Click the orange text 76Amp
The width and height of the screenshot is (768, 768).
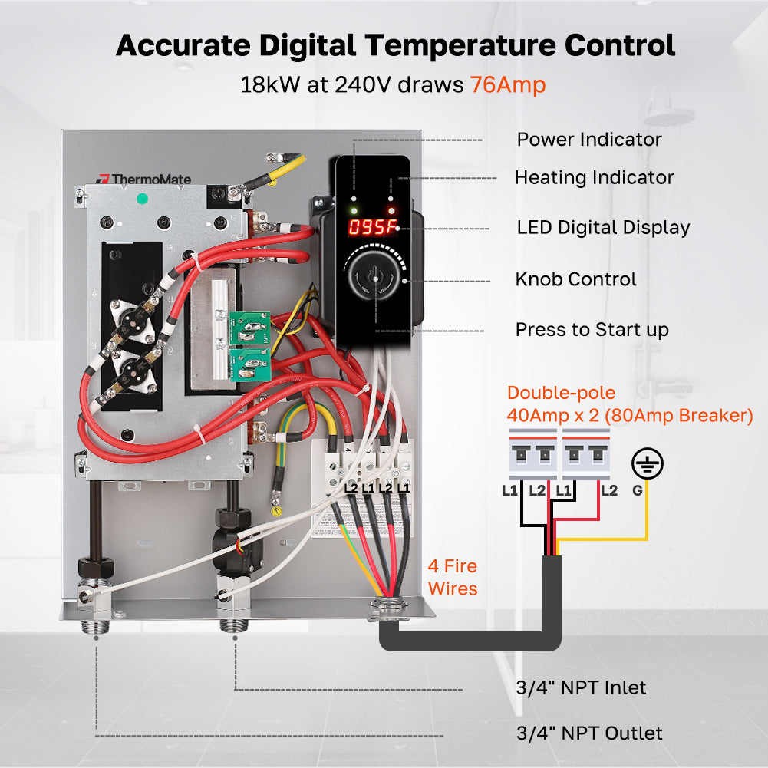[507, 84]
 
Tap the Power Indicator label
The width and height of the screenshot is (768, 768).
[588, 140]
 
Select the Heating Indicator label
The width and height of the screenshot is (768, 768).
[594, 178]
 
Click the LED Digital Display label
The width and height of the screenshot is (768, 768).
[603, 228]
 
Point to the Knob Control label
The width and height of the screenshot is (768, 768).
[575, 279]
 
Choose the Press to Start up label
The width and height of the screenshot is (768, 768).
[592, 330]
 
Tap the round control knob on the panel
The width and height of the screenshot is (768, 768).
[375, 281]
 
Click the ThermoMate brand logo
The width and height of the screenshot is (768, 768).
[143, 179]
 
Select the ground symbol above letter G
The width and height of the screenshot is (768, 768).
[647, 464]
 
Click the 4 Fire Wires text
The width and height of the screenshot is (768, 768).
[452, 578]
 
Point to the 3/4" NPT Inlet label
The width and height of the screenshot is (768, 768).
[581, 687]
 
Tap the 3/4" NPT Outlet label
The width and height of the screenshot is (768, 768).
[588, 733]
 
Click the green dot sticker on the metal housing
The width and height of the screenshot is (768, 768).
[141, 199]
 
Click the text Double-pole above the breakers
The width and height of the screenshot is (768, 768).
[561, 394]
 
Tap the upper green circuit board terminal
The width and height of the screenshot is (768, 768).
[249, 325]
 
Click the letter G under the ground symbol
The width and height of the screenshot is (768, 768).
[637, 490]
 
